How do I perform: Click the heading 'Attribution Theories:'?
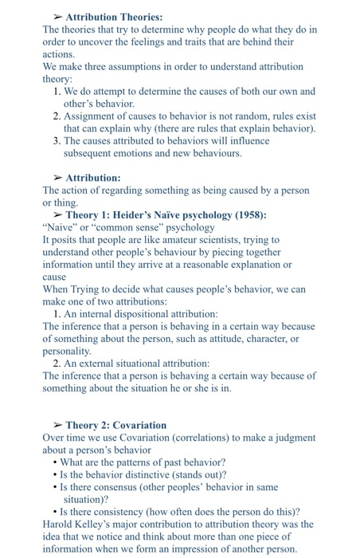tap(114, 17)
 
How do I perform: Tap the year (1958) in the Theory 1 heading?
tap(248, 215)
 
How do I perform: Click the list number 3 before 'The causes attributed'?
tap(57, 140)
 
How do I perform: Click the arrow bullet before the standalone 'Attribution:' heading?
tap(57, 178)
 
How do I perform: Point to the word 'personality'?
tap(67, 351)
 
